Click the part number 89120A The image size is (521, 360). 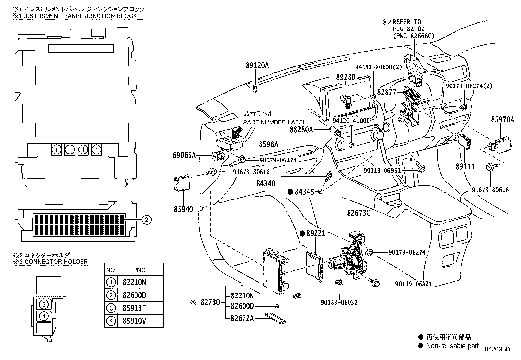click(x=257, y=66)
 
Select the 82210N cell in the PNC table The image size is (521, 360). click(x=134, y=282)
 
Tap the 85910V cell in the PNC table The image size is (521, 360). click(x=134, y=321)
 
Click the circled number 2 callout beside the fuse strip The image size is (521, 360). click(x=147, y=219)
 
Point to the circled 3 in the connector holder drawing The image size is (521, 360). click(x=44, y=304)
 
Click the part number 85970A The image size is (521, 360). click(x=502, y=120)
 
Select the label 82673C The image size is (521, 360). click(x=358, y=213)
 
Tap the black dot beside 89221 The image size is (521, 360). click(x=302, y=233)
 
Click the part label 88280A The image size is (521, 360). click(x=301, y=130)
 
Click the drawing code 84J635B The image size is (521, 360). click(x=497, y=349)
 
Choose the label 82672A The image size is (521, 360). click(x=242, y=318)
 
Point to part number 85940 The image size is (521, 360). click(x=184, y=209)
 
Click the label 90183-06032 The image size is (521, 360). click(x=339, y=302)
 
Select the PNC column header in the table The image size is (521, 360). click(x=139, y=270)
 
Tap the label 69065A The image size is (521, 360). click(x=184, y=155)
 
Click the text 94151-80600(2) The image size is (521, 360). click(x=378, y=67)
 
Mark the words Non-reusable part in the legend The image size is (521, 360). click(x=452, y=346)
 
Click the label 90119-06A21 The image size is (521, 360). click(x=413, y=284)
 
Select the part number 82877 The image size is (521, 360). click(x=386, y=92)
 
